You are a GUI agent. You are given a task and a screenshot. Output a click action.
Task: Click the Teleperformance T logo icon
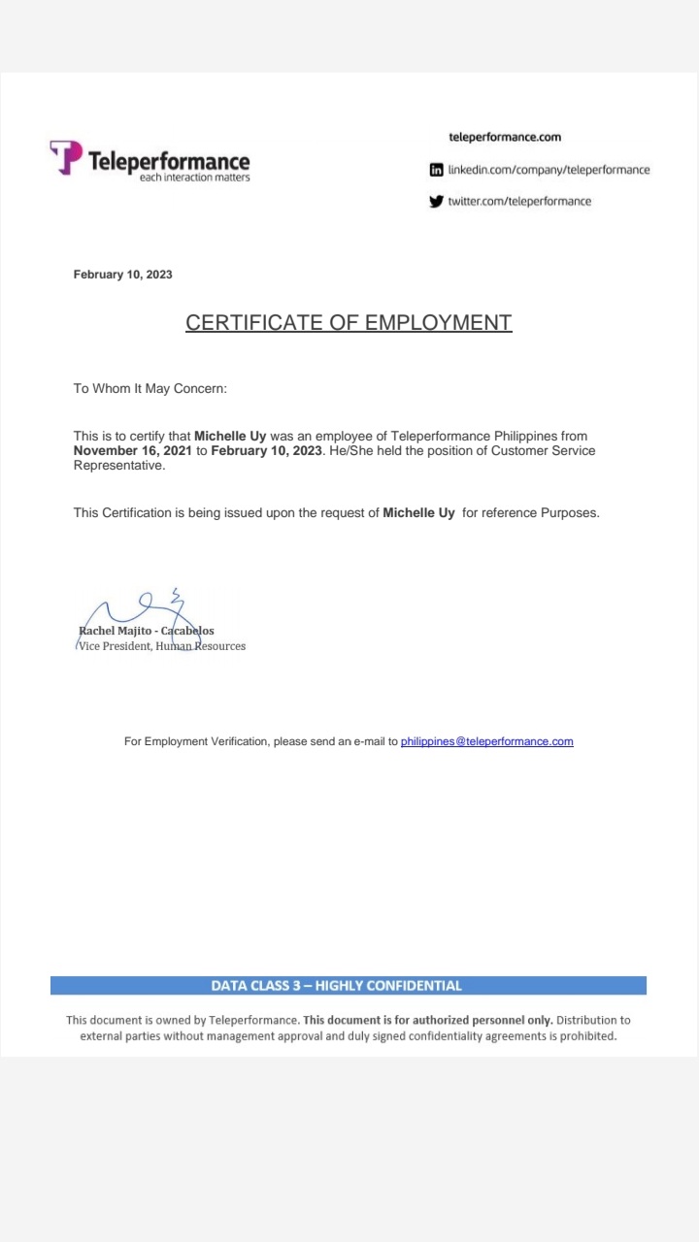click(x=65, y=157)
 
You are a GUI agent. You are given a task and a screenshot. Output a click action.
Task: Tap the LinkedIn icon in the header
click(x=437, y=170)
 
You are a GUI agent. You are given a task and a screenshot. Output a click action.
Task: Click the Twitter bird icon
click(x=437, y=202)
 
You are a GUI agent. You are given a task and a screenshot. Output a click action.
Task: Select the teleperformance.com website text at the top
click(x=505, y=137)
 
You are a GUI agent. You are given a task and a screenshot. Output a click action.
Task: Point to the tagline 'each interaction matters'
click(x=194, y=178)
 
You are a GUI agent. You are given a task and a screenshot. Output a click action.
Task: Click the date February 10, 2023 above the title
click(x=123, y=275)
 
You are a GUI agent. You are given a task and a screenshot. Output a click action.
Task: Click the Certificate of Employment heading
click(x=349, y=322)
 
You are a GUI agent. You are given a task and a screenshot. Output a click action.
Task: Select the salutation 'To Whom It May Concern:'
click(x=150, y=388)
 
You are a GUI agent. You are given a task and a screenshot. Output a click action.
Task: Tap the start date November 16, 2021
click(x=133, y=450)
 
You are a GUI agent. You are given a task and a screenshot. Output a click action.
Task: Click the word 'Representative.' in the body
click(x=119, y=465)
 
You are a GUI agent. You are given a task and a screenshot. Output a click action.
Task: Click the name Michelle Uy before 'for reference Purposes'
click(x=418, y=512)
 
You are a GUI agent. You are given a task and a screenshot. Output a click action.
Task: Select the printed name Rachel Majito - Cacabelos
click(x=147, y=631)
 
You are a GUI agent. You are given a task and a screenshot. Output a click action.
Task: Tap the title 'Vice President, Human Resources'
click(x=162, y=646)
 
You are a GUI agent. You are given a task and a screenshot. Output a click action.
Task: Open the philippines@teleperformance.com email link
click(x=486, y=741)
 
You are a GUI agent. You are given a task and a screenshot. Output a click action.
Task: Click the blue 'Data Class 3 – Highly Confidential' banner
click(x=349, y=986)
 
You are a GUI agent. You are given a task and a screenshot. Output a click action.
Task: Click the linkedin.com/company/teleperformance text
click(x=549, y=170)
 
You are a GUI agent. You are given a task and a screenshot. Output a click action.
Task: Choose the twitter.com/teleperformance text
click(x=519, y=202)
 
